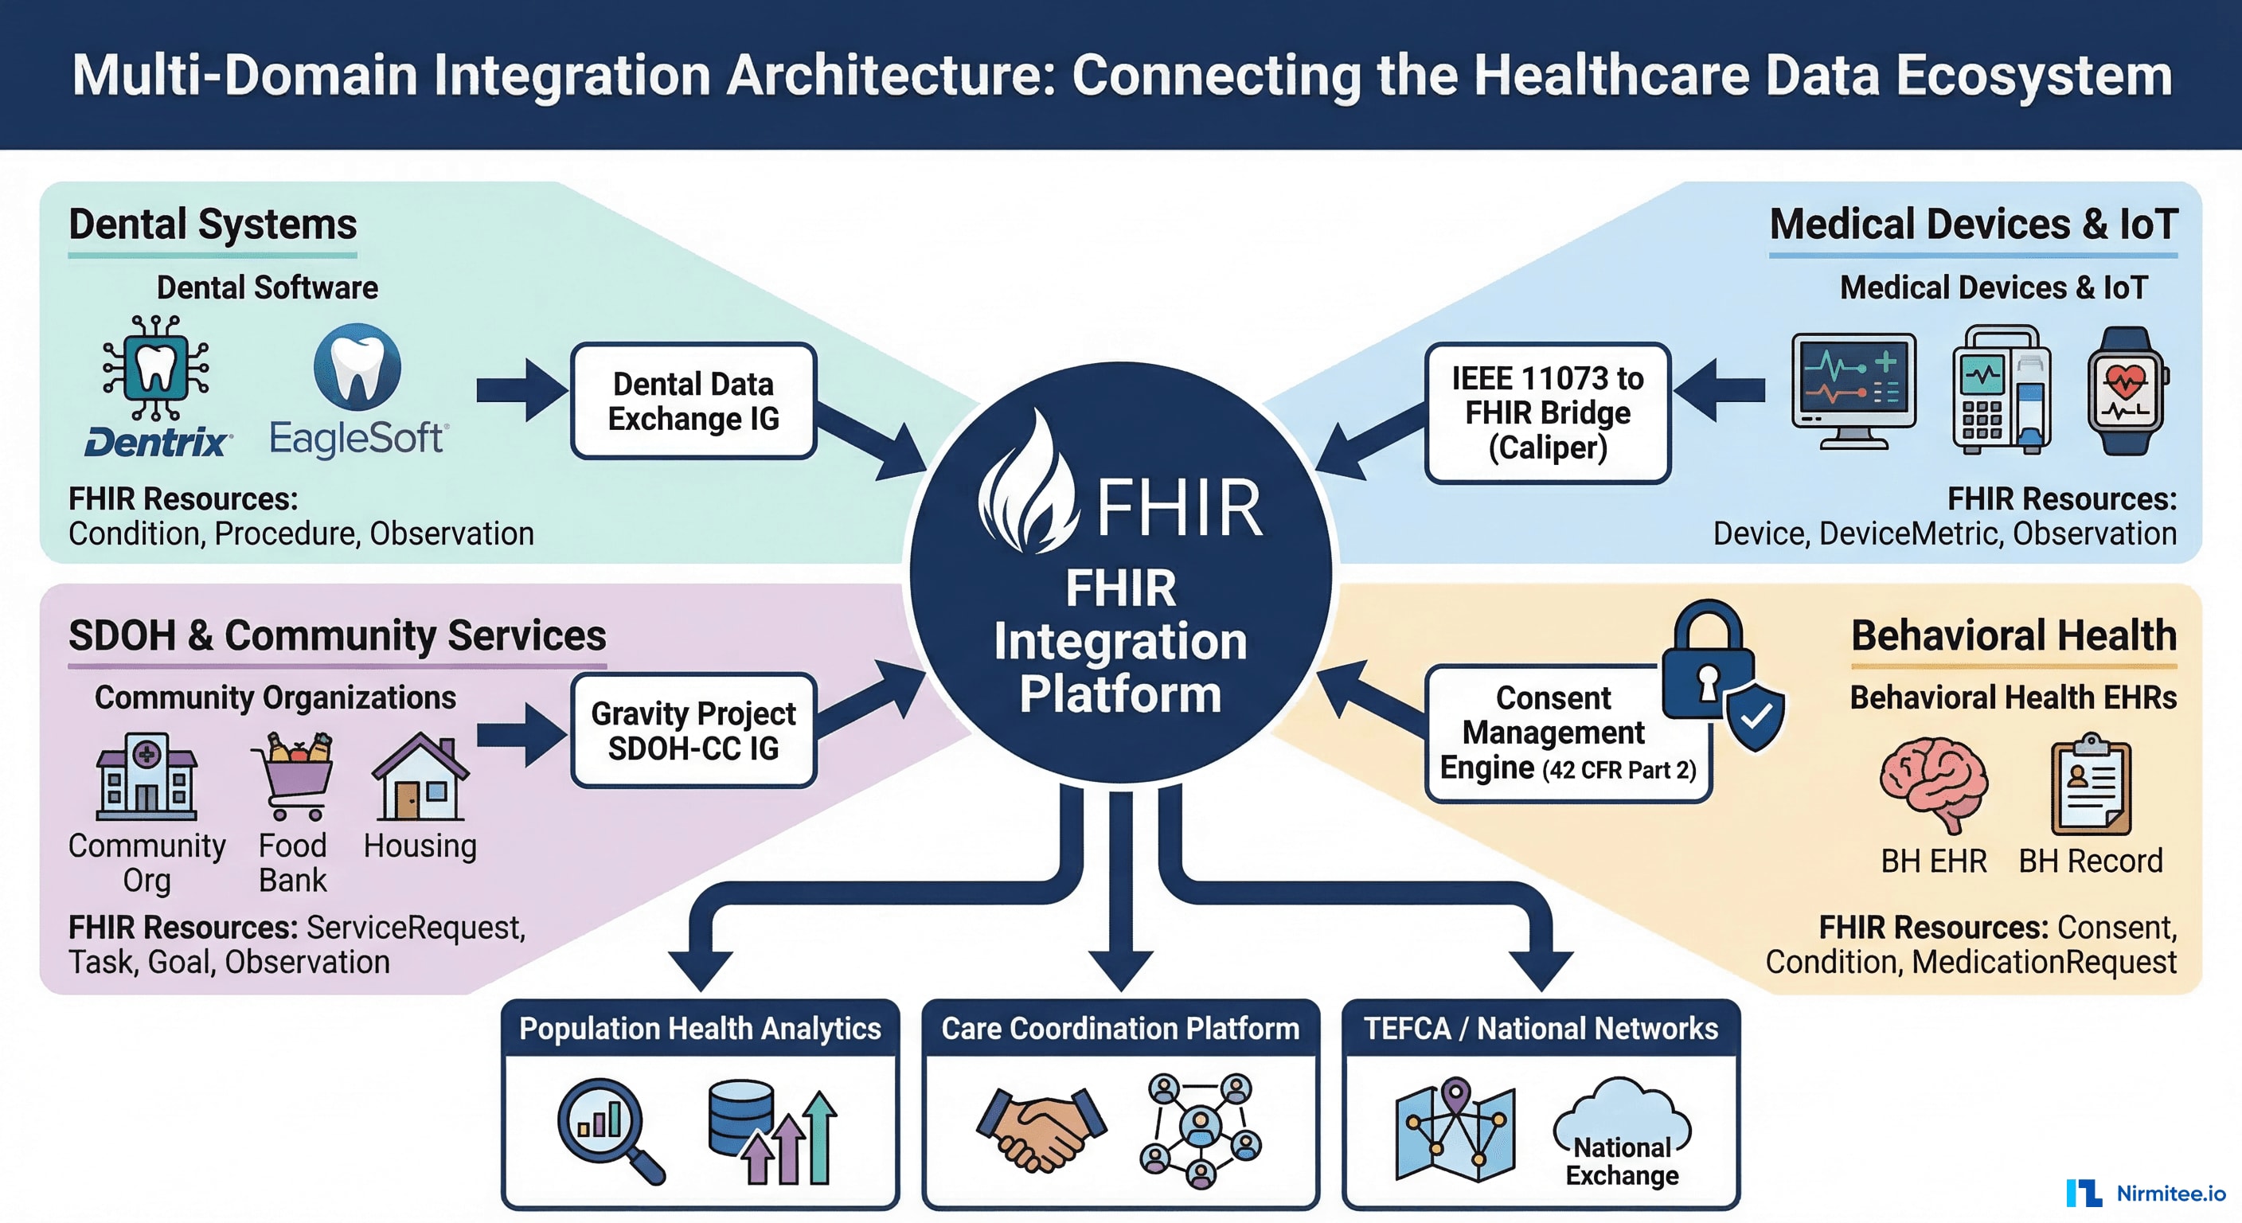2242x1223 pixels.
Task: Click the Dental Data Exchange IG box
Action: click(693, 401)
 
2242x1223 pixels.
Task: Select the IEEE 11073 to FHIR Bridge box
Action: click(1547, 412)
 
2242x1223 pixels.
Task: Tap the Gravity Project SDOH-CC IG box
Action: click(693, 730)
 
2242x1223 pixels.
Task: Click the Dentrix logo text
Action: click(158, 443)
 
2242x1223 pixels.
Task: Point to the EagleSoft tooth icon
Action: click(357, 367)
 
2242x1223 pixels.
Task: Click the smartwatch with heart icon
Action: click(2127, 391)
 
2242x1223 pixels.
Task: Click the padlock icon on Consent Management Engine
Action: click(1708, 662)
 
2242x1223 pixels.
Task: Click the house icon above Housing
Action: click(420, 777)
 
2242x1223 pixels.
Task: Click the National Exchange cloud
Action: click(1622, 1131)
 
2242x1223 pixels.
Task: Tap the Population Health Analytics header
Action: click(700, 1029)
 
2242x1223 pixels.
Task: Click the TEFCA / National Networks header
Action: click(1541, 1029)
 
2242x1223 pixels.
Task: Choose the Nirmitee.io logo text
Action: click(2170, 1194)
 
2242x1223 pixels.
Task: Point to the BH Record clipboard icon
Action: click(2091, 783)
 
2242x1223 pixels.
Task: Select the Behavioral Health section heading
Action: click(2013, 635)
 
